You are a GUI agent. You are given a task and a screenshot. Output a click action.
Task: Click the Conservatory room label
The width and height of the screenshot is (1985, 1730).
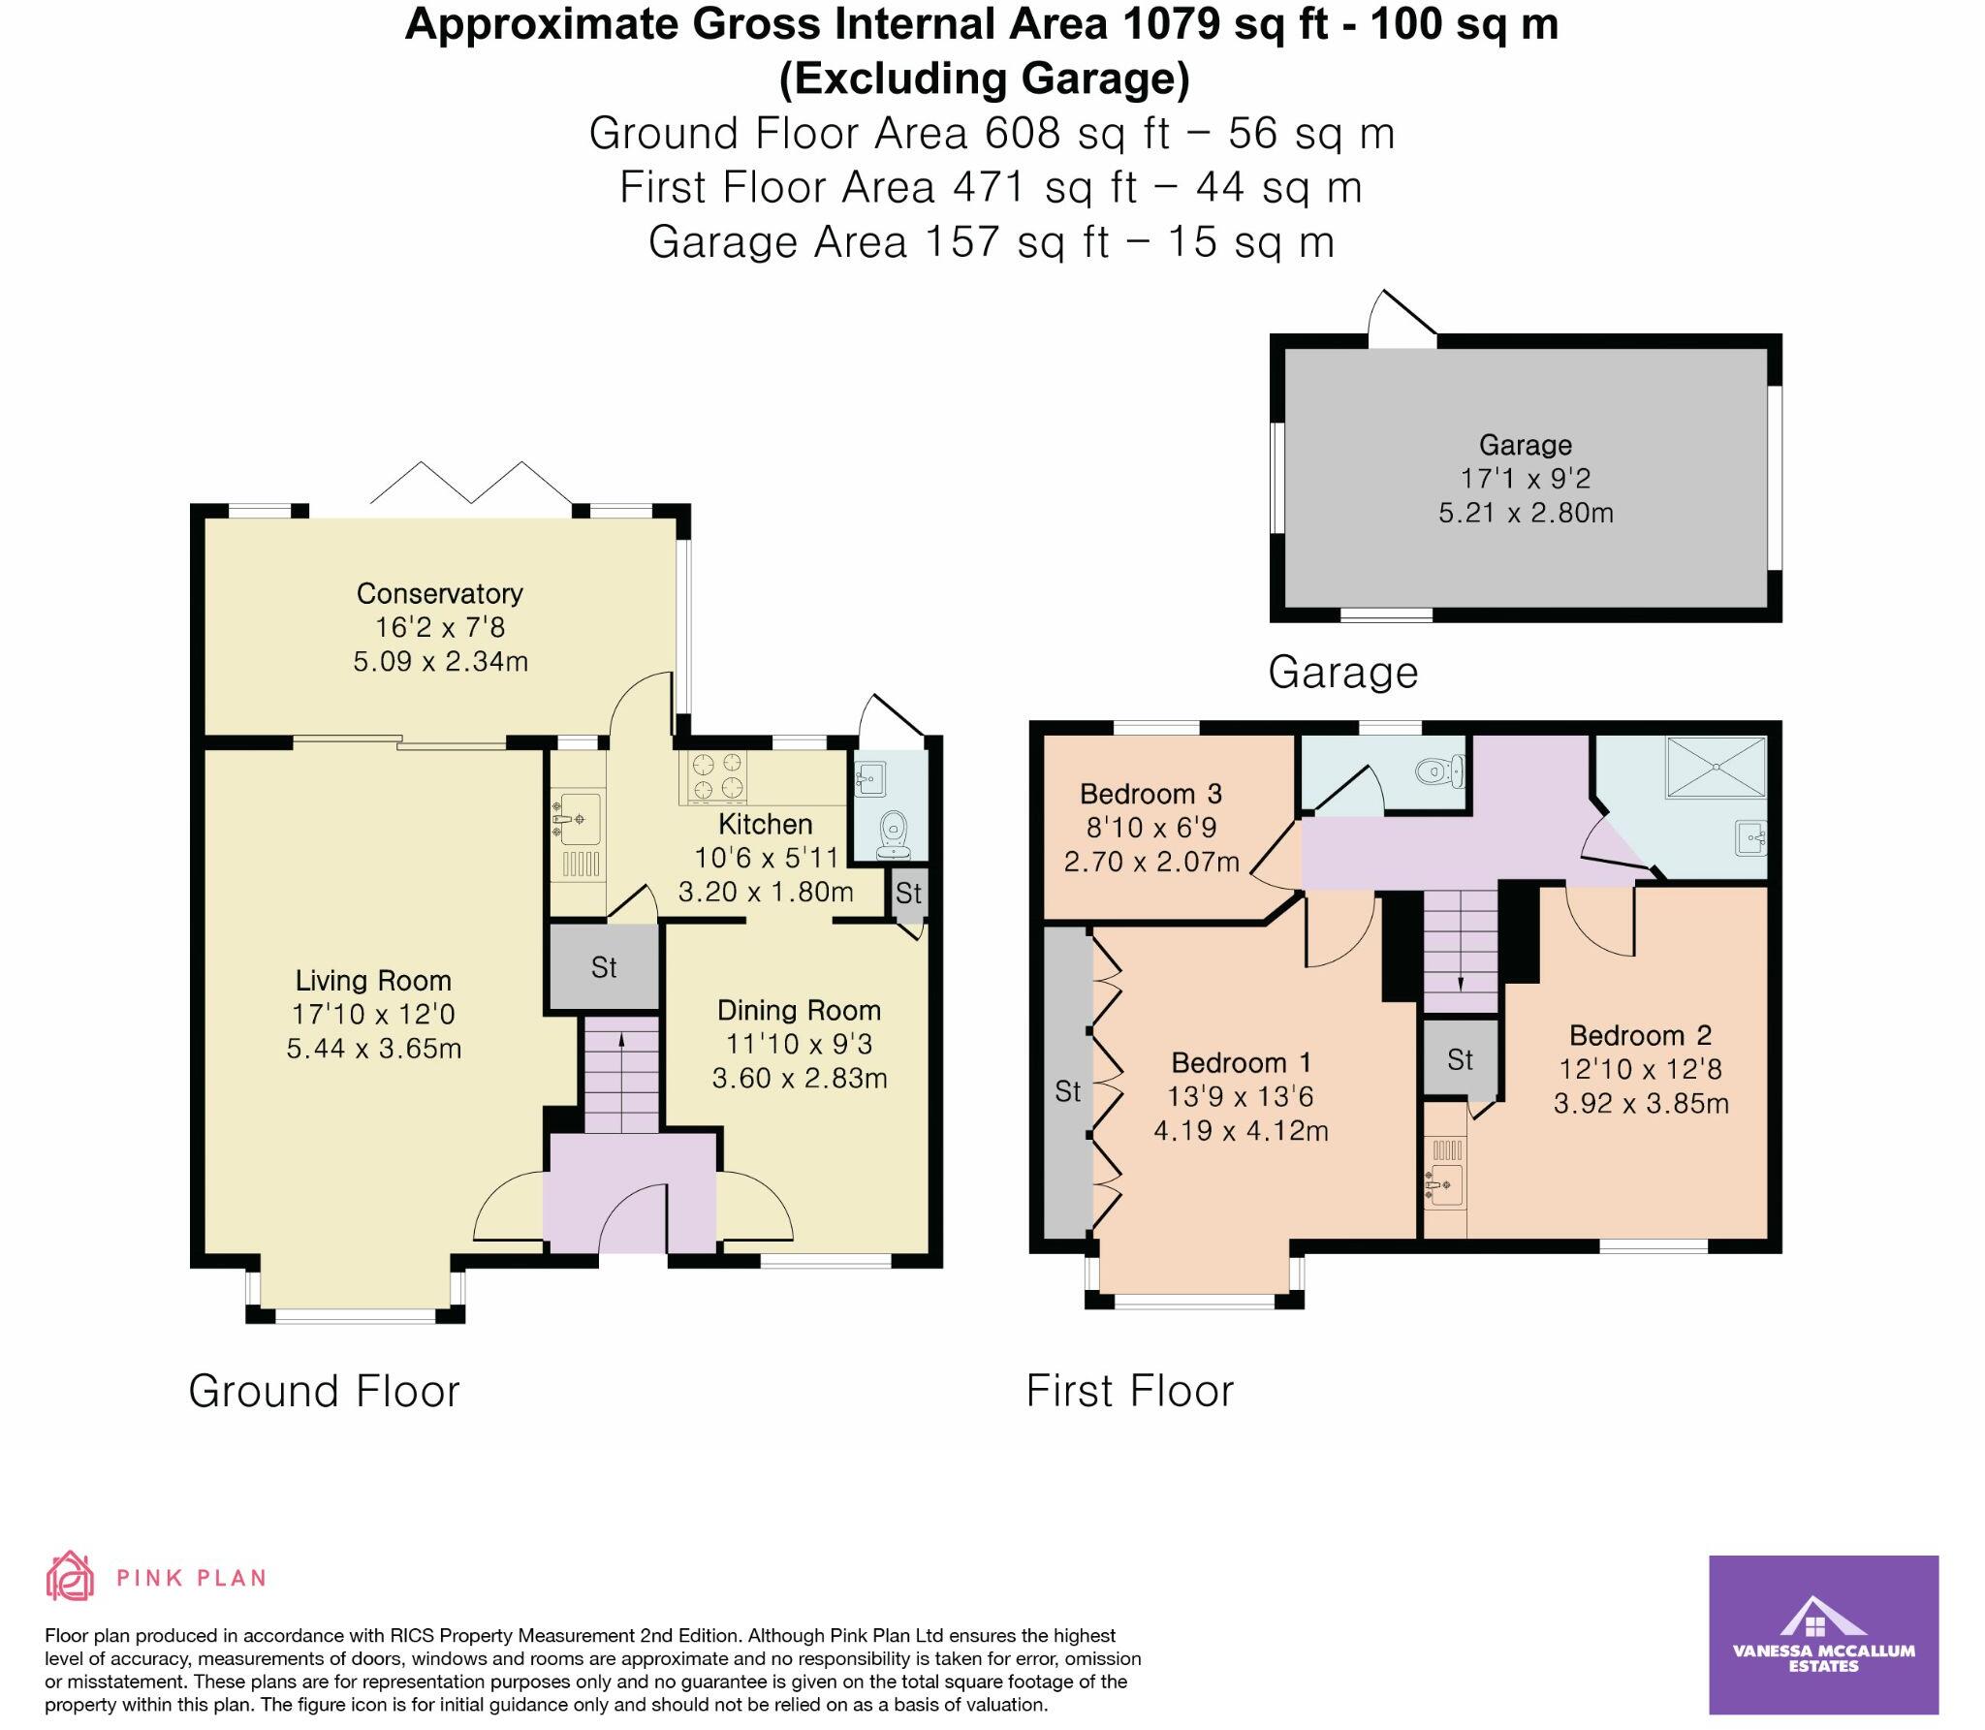click(439, 593)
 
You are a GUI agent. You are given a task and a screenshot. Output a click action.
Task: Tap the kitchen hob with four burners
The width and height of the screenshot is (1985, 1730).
click(717, 778)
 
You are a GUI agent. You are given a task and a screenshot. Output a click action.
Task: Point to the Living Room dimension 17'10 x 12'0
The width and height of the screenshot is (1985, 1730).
click(373, 1015)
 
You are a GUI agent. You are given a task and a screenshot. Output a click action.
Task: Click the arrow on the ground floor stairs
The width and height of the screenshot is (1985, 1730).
click(620, 1042)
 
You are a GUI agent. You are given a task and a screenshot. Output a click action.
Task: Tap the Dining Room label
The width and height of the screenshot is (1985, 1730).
click(799, 1011)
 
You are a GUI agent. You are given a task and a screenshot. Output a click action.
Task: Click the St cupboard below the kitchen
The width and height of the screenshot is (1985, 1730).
click(604, 967)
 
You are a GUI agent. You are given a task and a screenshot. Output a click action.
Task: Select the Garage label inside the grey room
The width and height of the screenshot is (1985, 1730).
click(1525, 445)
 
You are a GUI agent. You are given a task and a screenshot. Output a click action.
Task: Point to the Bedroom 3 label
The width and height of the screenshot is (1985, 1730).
click(1150, 795)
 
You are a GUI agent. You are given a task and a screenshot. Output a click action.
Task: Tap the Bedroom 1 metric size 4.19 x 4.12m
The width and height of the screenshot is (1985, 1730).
click(1241, 1131)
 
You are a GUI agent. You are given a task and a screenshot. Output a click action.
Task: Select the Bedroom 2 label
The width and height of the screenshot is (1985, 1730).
click(1640, 1036)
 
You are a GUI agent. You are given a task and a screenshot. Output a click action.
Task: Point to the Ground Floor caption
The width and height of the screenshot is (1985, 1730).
click(324, 1392)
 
